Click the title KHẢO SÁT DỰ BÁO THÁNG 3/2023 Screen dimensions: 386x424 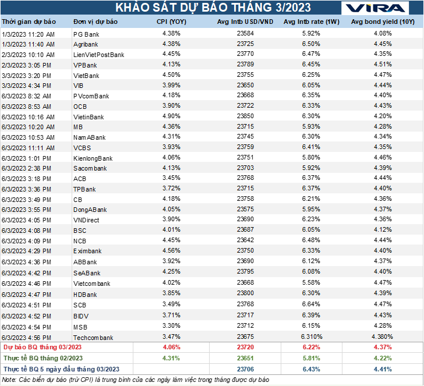pos(213,8)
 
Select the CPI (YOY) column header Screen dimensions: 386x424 pos(172,22)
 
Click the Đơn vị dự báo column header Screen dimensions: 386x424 pos(96,22)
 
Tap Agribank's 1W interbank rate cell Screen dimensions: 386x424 pos(311,44)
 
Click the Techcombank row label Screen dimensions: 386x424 pos(93,337)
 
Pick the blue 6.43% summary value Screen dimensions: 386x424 pos(311,369)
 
